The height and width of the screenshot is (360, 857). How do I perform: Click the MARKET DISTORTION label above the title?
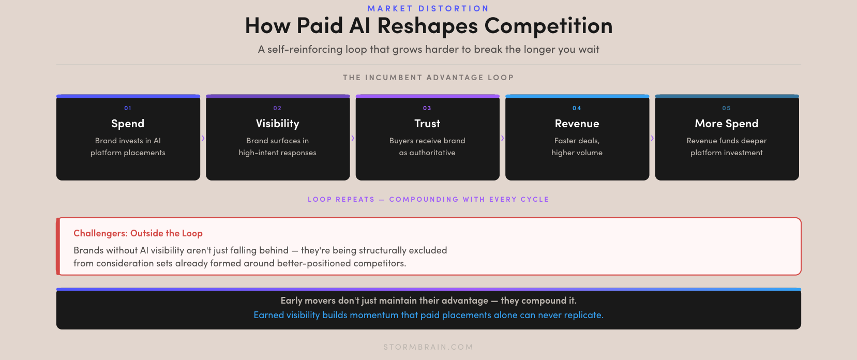(x=428, y=8)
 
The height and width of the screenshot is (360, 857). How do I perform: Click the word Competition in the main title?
(x=548, y=26)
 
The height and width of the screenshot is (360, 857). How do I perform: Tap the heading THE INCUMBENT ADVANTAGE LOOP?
(x=428, y=78)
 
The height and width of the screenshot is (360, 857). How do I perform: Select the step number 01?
(x=128, y=108)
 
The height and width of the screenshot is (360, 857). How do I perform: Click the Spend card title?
(x=128, y=124)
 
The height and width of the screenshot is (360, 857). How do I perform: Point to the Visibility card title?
(x=277, y=124)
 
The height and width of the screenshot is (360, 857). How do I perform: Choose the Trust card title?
(x=427, y=124)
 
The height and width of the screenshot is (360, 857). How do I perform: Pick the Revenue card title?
(x=577, y=124)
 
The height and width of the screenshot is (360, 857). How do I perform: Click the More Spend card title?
(x=727, y=124)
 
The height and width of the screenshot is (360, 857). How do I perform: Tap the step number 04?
(x=577, y=108)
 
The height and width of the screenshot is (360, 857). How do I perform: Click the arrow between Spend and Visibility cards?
(x=203, y=138)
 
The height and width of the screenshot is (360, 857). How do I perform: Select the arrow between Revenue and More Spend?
(x=652, y=138)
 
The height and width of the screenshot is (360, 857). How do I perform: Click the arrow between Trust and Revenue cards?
(x=502, y=138)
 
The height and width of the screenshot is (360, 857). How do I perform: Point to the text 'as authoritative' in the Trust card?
(x=427, y=153)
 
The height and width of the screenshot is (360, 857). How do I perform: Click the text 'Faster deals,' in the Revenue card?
(x=577, y=141)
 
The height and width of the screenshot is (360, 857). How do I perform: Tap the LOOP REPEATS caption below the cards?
(x=428, y=199)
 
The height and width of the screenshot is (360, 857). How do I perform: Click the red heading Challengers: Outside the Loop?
(x=138, y=233)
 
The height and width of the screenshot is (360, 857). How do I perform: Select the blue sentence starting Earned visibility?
(x=428, y=315)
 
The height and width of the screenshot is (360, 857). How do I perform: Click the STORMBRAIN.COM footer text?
(x=428, y=347)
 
